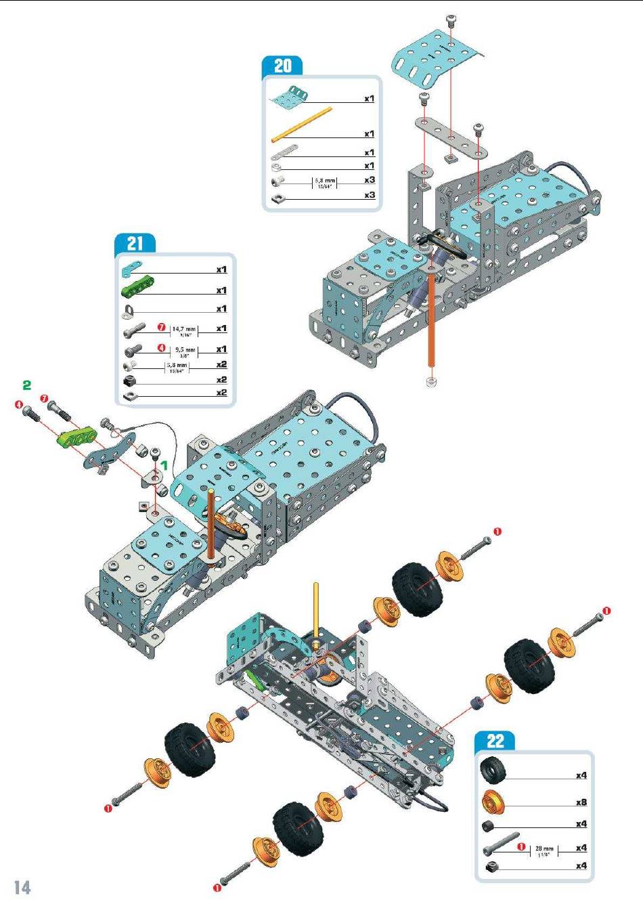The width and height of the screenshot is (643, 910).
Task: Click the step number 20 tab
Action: (282, 66)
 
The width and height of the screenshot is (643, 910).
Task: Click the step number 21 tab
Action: (135, 244)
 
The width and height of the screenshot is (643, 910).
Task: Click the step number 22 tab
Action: (495, 741)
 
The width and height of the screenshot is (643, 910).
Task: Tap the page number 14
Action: (22, 888)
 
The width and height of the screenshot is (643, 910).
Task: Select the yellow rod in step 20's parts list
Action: (302, 124)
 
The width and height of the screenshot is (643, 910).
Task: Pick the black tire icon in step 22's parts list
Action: (491, 770)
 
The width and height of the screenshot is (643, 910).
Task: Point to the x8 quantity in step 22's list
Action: (581, 802)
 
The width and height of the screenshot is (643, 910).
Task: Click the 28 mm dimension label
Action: (544, 849)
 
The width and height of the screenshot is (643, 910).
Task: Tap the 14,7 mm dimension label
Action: (183, 330)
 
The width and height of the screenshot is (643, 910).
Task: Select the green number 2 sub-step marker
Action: (26, 385)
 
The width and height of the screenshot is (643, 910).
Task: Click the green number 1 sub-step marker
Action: (163, 466)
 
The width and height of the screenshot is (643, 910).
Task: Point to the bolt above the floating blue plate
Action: (451, 20)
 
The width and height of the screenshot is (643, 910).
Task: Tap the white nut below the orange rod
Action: (431, 382)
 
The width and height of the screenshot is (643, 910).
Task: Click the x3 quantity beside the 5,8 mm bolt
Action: (370, 180)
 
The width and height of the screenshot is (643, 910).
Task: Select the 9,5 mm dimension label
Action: (185, 351)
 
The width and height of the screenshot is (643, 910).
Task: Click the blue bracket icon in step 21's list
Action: (129, 271)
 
